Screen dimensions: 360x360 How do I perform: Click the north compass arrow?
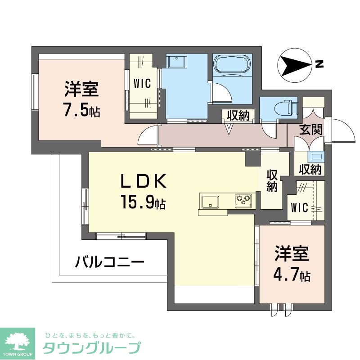pos(295,66)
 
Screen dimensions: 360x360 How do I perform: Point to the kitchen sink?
pos(210,202)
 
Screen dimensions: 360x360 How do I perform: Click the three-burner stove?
pos(243,201)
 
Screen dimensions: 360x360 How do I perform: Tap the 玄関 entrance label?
pos(311,130)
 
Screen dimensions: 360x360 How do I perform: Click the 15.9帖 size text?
pos(143,202)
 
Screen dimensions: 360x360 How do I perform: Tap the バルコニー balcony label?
pos(109,261)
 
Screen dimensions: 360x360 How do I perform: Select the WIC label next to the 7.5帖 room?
pos(142,84)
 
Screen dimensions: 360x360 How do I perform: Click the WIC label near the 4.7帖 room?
pos(299,208)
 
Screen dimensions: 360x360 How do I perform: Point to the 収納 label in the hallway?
pos(238,115)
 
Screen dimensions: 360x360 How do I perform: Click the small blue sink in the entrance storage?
pos(317,157)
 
